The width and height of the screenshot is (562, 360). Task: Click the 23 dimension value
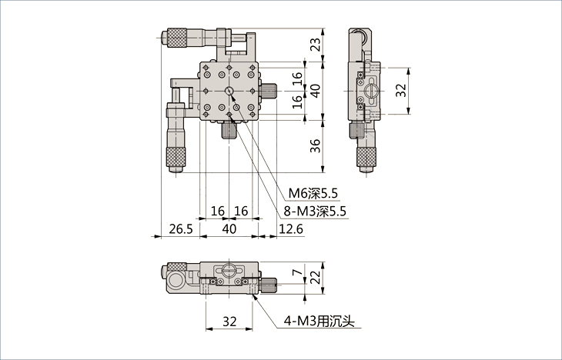click(x=315, y=45)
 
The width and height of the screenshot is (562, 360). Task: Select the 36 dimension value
click(x=315, y=146)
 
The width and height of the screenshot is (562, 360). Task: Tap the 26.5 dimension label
click(x=181, y=228)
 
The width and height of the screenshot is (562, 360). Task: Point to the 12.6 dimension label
click(x=291, y=228)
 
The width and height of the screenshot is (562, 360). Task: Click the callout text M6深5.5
click(x=313, y=194)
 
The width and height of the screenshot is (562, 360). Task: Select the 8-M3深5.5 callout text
click(x=315, y=212)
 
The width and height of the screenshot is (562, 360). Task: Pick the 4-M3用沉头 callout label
click(x=319, y=322)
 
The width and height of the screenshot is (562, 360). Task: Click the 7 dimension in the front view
click(x=297, y=272)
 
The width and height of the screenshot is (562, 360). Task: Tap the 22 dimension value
click(x=315, y=277)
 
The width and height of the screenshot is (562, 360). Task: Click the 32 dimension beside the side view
click(x=401, y=90)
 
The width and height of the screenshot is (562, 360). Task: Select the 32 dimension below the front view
click(x=229, y=322)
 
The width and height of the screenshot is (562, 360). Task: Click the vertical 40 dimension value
click(x=315, y=91)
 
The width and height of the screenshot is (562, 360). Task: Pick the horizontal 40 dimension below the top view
click(x=229, y=228)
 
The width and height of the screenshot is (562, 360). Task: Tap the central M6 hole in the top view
click(x=229, y=91)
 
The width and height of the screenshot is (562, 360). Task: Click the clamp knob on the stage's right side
click(x=269, y=91)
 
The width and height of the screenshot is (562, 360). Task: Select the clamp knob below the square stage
click(x=229, y=131)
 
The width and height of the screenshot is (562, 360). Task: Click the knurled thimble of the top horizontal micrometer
click(x=177, y=37)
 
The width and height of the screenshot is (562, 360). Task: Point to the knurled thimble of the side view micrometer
click(x=366, y=157)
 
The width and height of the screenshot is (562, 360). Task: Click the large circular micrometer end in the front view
click(x=177, y=282)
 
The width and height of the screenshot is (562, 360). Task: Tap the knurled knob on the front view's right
click(x=268, y=285)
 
